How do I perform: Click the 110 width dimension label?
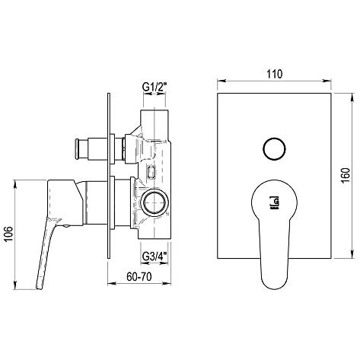[x=275, y=74]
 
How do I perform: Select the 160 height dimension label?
[x=346, y=175]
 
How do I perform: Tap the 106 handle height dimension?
[x=8, y=234]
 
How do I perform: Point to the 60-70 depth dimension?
[x=139, y=276]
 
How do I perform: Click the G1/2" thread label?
[x=155, y=88]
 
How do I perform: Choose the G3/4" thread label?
[x=155, y=256]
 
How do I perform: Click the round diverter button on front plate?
[x=274, y=149]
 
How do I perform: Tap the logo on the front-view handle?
[x=275, y=202]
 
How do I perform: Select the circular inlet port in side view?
[x=155, y=202]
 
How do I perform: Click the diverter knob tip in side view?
[x=78, y=149]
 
